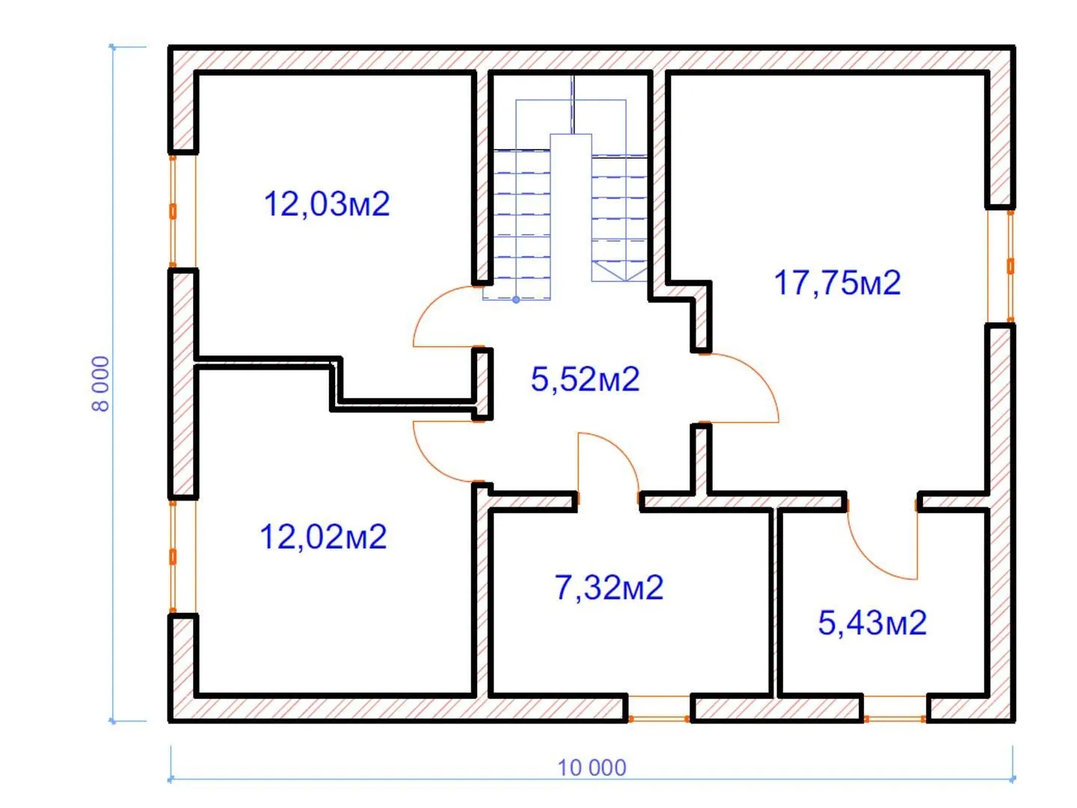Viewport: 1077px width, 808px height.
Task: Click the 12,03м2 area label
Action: (x=327, y=204)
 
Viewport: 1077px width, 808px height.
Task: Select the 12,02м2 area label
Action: (x=323, y=537)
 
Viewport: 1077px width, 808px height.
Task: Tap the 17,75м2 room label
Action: (x=837, y=283)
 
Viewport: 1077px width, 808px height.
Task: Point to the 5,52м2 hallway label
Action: (x=586, y=379)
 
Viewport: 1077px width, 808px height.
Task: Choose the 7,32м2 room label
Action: (x=609, y=588)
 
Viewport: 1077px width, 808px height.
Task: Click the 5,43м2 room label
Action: (x=872, y=623)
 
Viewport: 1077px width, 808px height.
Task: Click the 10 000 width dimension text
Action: (x=592, y=768)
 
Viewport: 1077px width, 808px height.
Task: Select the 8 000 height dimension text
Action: (x=100, y=384)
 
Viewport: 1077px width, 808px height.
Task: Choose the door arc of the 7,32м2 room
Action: (x=622, y=450)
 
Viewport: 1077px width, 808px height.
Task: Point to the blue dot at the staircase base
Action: (x=515, y=300)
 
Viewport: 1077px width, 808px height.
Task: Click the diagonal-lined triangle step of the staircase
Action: (x=619, y=271)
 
